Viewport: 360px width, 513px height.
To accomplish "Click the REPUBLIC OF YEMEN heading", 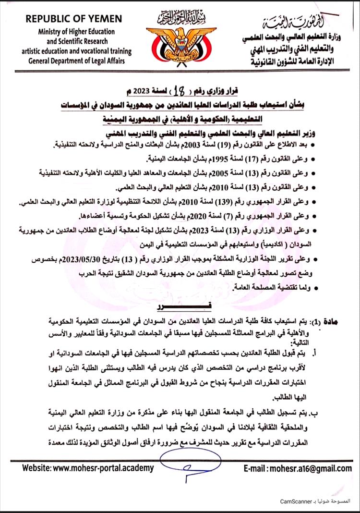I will (74, 19).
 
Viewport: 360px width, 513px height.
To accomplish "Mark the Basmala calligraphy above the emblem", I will (179, 18).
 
